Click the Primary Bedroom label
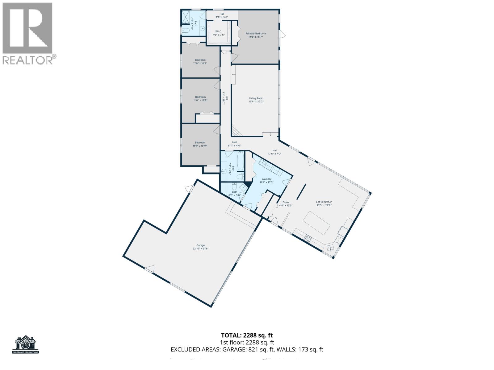point(255,34)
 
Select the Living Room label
point(256,98)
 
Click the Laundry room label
point(266,179)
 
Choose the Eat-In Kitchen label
point(324,202)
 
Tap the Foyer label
point(286,202)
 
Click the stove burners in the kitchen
point(308,238)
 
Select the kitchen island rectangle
point(318,223)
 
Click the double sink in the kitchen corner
point(330,247)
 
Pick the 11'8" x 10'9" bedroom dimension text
point(200,63)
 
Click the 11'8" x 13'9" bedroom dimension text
point(200,100)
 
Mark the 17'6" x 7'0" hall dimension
point(274,154)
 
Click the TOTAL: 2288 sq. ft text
point(247,335)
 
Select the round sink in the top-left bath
point(203,29)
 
